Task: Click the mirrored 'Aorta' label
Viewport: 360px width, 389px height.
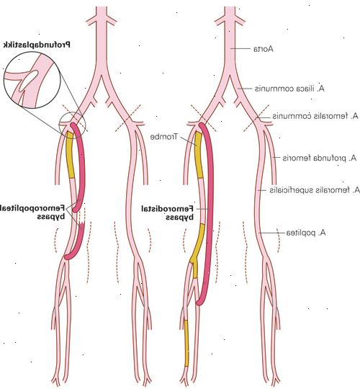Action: [264, 49]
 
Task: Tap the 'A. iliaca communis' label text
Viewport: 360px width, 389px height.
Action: [289, 89]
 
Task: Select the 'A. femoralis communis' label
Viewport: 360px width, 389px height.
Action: [315, 116]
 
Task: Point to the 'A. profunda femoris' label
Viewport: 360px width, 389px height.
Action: [320, 158]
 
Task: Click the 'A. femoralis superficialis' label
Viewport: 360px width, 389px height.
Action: [315, 190]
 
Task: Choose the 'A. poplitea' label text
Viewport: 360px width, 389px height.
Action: [306, 233]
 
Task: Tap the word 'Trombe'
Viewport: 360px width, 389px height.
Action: [164, 137]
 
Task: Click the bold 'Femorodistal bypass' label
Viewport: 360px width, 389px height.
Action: [167, 213]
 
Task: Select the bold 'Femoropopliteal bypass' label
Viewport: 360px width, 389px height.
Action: [32, 212]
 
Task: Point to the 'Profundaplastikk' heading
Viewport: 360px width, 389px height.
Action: [37, 45]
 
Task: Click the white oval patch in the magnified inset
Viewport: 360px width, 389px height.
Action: [29, 80]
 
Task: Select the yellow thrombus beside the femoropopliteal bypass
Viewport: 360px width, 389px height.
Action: [70, 155]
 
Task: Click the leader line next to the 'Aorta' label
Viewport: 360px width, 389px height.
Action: [240, 49]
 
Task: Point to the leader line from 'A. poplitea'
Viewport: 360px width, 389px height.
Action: [271, 233]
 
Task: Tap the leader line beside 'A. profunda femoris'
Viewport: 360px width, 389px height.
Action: [276, 158]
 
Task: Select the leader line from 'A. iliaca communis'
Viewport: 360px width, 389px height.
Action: [245, 89]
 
